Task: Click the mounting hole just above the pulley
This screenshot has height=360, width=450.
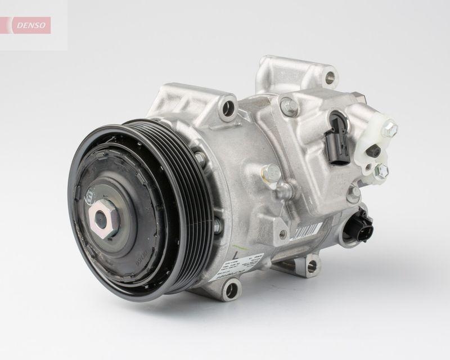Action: click(x=228, y=105)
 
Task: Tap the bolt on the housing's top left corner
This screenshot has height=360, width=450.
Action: click(x=289, y=105)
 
